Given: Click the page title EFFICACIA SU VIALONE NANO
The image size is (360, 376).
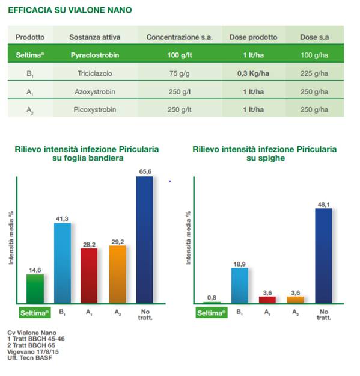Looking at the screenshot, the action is pyautogui.click(x=70, y=10).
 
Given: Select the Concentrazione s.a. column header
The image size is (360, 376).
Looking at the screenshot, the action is pyautogui.click(x=180, y=37).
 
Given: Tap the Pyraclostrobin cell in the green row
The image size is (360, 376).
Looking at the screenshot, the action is pyautogui.click(x=95, y=55).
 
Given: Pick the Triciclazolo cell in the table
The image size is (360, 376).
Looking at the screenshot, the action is pyautogui.click(x=95, y=73).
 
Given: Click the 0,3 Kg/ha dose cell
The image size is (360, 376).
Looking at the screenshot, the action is pyautogui.click(x=253, y=73).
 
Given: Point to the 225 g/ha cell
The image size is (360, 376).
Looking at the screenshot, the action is pyautogui.click(x=314, y=73).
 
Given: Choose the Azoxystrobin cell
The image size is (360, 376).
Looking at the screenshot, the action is pyautogui.click(x=95, y=91).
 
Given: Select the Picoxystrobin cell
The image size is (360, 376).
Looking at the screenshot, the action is pyautogui.click(x=95, y=109).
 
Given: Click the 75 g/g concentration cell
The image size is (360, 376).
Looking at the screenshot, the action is pyautogui.click(x=180, y=73).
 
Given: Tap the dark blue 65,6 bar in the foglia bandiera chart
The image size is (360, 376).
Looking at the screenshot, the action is pyautogui.click(x=145, y=240).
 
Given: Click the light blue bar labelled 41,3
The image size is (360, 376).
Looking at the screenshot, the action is pyautogui.click(x=63, y=263).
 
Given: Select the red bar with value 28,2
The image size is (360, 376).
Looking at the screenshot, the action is pyautogui.click(x=89, y=276).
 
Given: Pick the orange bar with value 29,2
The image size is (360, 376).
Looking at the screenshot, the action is pyautogui.click(x=118, y=274).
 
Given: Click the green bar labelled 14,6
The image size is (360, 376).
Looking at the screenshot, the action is pyautogui.click(x=35, y=289).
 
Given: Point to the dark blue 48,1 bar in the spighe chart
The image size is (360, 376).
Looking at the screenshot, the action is pyautogui.click(x=323, y=256).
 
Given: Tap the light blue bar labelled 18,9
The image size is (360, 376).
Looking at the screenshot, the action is pyautogui.click(x=240, y=286).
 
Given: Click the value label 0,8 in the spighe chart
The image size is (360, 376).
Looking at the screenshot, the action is pyautogui.click(x=212, y=298).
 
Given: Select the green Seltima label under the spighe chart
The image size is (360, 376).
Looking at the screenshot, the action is pyautogui.click(x=212, y=313).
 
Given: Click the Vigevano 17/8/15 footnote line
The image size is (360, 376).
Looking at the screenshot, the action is pyautogui.click(x=33, y=351).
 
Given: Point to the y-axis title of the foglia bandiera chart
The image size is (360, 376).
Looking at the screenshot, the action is pyautogui.click(x=11, y=238).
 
